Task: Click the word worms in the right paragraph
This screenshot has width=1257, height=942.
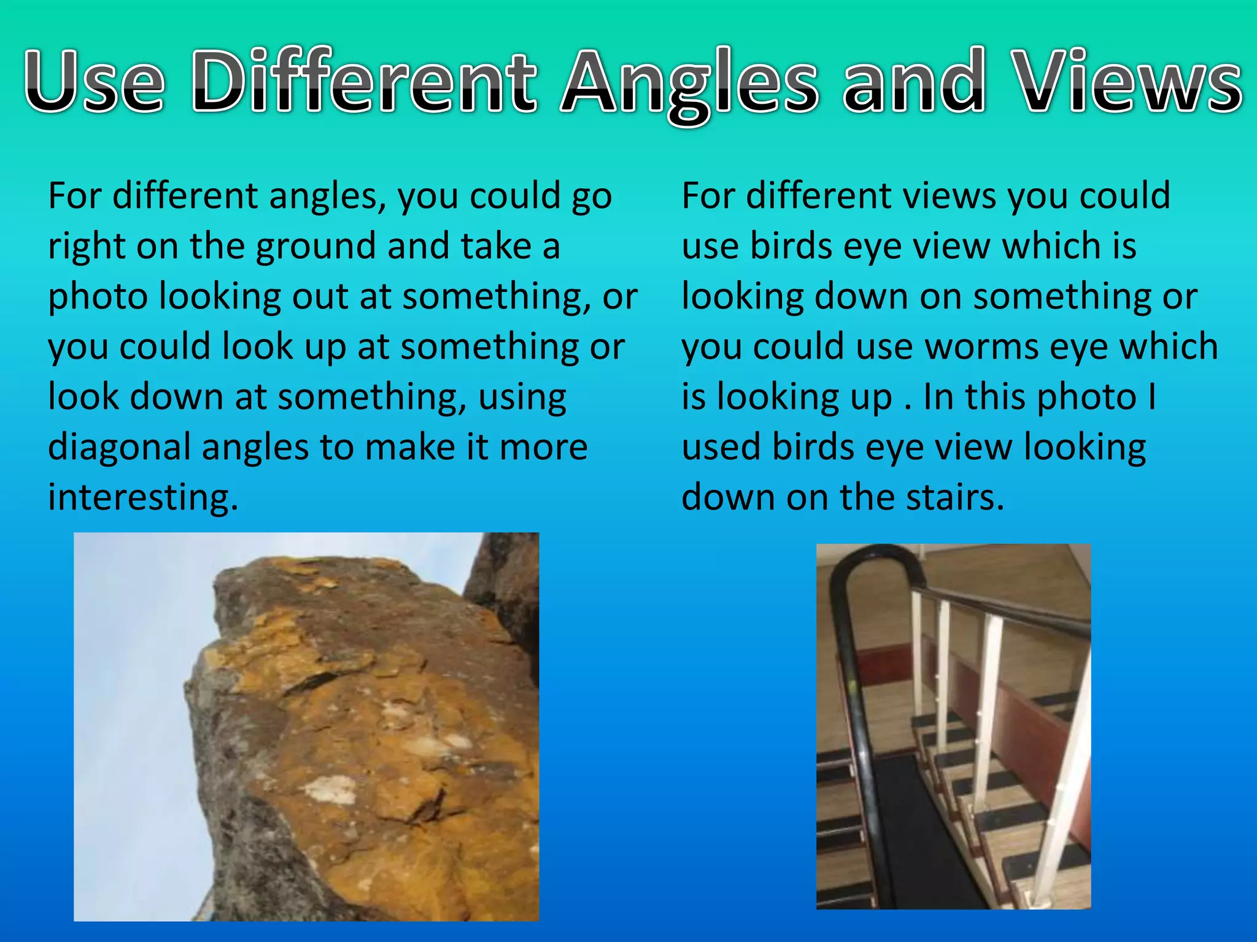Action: click(x=981, y=347)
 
